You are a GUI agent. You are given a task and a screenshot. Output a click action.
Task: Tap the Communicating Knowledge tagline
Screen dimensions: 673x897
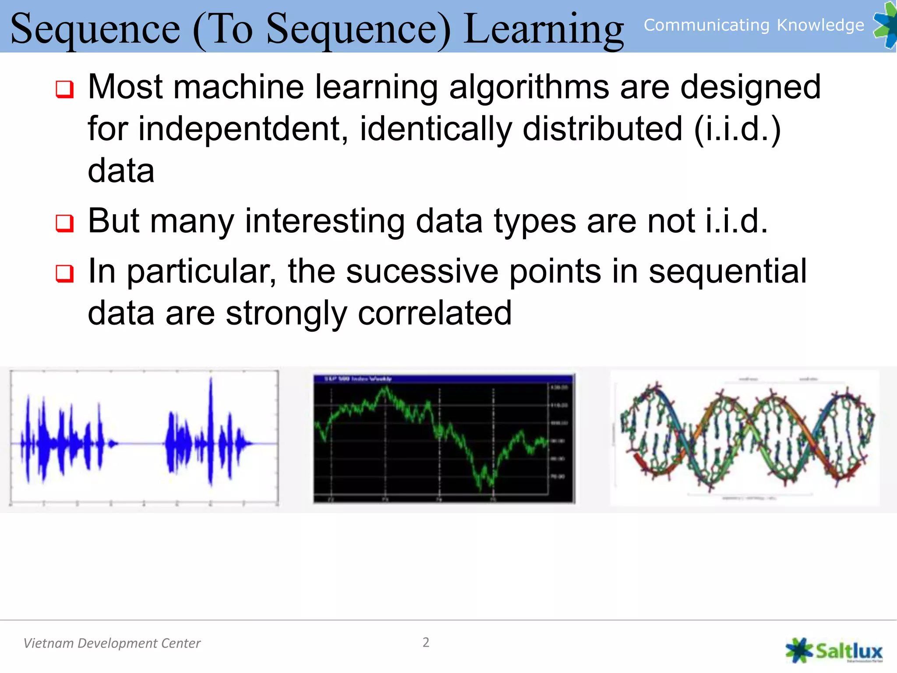[x=753, y=25]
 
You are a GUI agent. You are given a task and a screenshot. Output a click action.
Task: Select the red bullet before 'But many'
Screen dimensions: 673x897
[x=64, y=223]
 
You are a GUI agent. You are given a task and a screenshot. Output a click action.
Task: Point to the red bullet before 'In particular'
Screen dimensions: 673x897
[x=64, y=274]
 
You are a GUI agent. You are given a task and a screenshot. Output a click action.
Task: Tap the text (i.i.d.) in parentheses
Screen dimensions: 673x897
[x=738, y=129]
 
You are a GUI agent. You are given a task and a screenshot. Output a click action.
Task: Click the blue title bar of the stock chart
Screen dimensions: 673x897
[x=443, y=379]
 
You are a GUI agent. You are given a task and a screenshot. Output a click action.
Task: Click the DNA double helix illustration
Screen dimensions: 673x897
[x=745, y=438]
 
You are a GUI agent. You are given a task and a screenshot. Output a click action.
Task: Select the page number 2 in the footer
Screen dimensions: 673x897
[x=426, y=642]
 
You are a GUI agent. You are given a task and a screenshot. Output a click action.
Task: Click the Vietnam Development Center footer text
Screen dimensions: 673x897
[x=112, y=643]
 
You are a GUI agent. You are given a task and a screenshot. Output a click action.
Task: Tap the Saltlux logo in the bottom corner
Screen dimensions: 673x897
[x=834, y=651]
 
